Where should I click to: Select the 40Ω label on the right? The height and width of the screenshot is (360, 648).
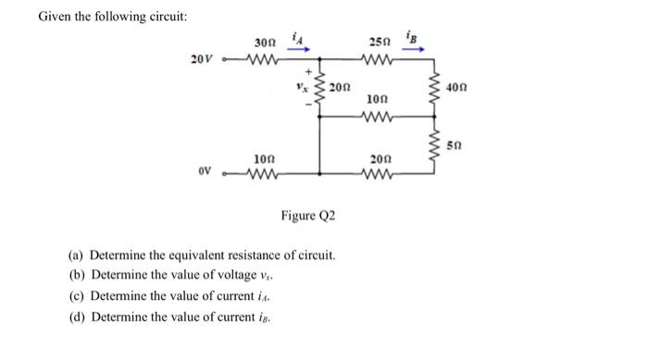coord(456,88)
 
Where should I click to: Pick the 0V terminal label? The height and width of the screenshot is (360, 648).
coord(206,171)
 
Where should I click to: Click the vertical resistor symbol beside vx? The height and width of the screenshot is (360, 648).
coord(320,90)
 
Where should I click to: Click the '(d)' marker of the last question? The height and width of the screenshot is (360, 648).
coord(78,318)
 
